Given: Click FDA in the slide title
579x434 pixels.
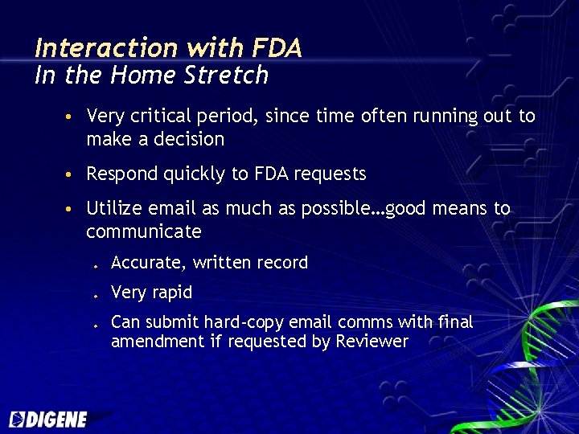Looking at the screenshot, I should click(x=276, y=48).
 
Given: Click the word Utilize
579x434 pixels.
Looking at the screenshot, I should click(x=112, y=209).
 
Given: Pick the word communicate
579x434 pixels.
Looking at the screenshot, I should click(x=144, y=232).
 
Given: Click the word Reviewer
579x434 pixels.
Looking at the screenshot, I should click(x=372, y=341).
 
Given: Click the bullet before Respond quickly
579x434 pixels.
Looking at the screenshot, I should click(x=71, y=174).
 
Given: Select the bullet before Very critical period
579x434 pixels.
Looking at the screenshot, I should click(x=71, y=117).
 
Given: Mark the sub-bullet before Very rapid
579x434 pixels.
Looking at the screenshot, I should click(x=95, y=295).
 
